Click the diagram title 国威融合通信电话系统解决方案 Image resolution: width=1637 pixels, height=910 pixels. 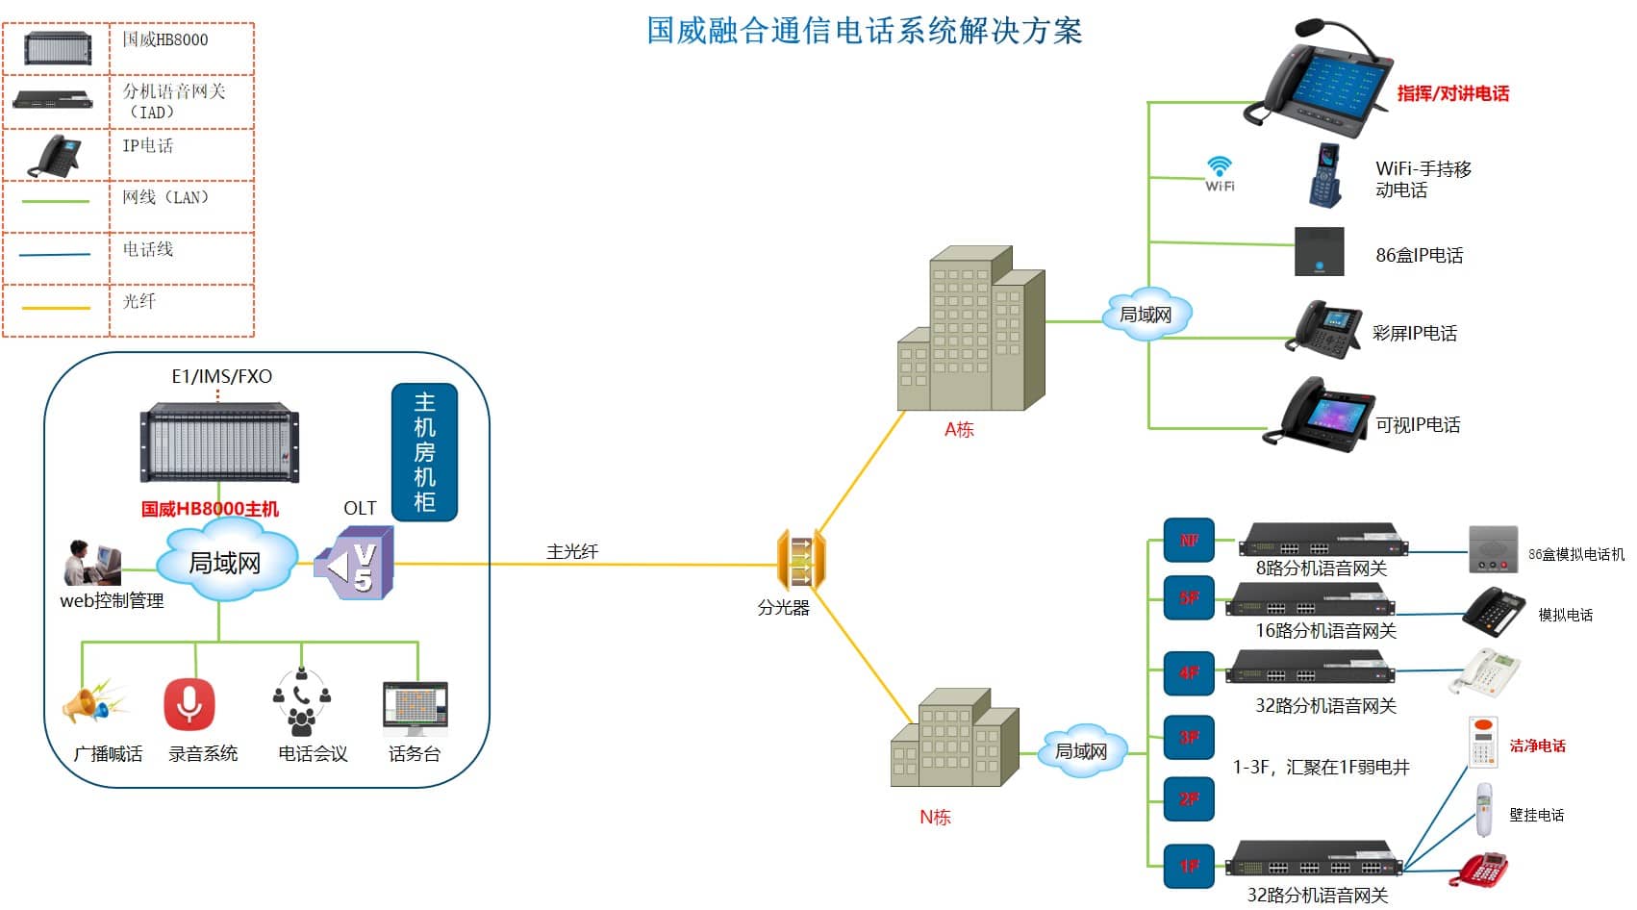click(864, 31)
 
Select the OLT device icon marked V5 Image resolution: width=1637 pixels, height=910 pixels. click(356, 564)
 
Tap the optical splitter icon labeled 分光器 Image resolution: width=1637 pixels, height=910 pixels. click(800, 560)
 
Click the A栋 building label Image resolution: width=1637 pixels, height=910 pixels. click(959, 430)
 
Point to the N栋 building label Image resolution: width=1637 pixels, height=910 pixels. click(935, 818)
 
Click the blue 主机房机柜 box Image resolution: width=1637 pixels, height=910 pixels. click(424, 452)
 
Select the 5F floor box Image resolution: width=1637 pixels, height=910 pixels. click(1189, 598)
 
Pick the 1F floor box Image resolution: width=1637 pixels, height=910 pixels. click(1189, 867)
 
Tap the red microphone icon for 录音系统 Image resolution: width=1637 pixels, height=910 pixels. click(189, 704)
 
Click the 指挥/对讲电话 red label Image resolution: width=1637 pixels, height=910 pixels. click(1452, 93)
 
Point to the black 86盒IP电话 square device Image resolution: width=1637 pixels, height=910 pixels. click(1319, 251)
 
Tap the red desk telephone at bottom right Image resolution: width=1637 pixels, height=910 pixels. click(1482, 869)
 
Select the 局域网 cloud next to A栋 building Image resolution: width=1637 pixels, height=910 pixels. click(1146, 315)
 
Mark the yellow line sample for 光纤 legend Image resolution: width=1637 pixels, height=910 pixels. click(56, 308)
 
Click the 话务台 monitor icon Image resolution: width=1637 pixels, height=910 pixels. click(415, 707)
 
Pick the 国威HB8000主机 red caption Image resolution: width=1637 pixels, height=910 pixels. click(210, 509)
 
